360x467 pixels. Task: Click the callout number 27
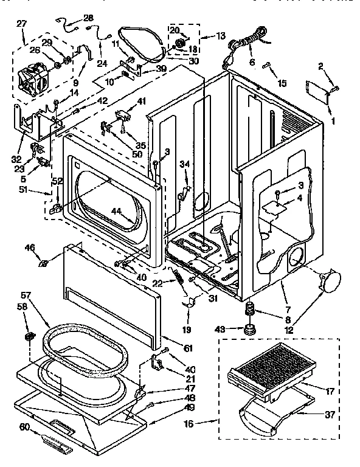tap(22, 24)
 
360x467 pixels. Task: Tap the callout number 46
tap(29, 247)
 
